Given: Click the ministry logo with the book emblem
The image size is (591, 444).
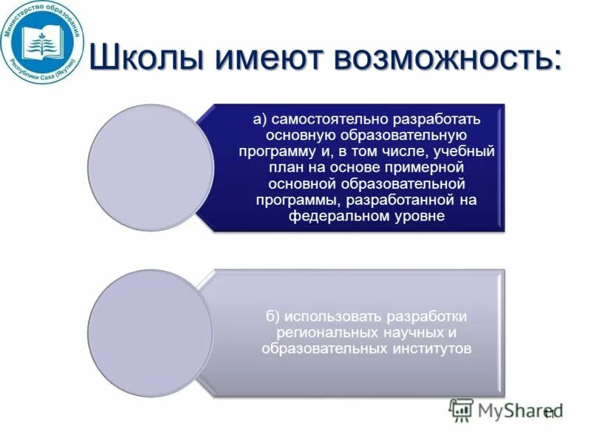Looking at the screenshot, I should (42, 41).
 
